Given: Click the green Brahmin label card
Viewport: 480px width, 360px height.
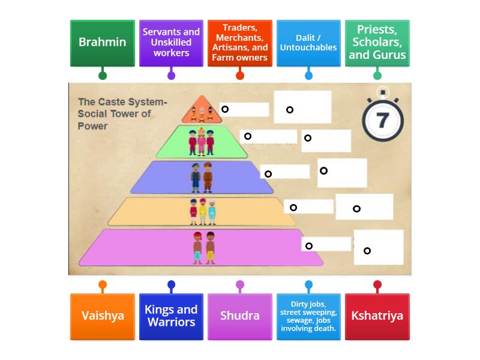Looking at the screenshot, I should (x=103, y=43).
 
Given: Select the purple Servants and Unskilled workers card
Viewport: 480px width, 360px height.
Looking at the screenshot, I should (x=171, y=43).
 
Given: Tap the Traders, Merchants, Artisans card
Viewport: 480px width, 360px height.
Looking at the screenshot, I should (x=240, y=43).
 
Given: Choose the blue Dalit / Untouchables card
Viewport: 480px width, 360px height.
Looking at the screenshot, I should (x=308, y=43).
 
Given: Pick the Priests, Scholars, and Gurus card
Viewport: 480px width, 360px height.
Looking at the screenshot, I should (x=377, y=43).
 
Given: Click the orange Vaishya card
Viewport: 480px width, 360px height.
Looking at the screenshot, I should (x=103, y=316).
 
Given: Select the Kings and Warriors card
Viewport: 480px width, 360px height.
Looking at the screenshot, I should (x=171, y=316).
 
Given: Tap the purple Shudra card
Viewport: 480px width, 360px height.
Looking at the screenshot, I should (x=240, y=316).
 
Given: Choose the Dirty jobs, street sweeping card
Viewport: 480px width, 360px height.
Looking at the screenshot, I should (x=308, y=316).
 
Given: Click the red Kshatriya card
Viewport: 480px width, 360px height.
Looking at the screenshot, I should (x=377, y=316).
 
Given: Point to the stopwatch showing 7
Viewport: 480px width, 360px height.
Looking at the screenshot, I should (x=382, y=119).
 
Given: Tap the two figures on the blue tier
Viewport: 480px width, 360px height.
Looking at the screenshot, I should (x=202, y=178).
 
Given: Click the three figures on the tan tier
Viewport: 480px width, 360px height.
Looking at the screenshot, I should (x=202, y=212).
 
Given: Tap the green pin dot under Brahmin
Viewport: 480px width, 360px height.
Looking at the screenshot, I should (x=103, y=76).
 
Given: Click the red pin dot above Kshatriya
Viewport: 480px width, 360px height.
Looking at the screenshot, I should (x=377, y=285).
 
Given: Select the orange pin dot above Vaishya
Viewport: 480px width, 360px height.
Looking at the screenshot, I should (x=103, y=285).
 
